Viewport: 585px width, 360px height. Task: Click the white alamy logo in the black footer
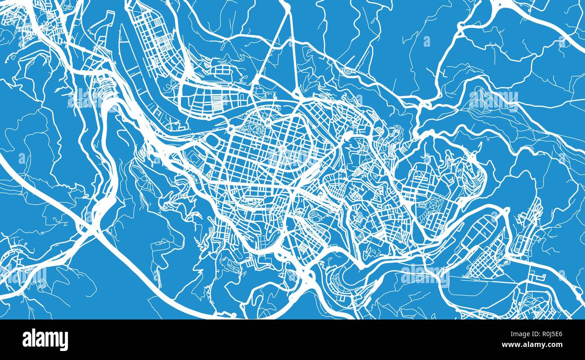(45, 339)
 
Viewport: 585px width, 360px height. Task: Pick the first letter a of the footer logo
(27, 340)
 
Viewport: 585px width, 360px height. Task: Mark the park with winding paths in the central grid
(256, 130)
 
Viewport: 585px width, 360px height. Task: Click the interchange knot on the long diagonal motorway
(90, 225)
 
